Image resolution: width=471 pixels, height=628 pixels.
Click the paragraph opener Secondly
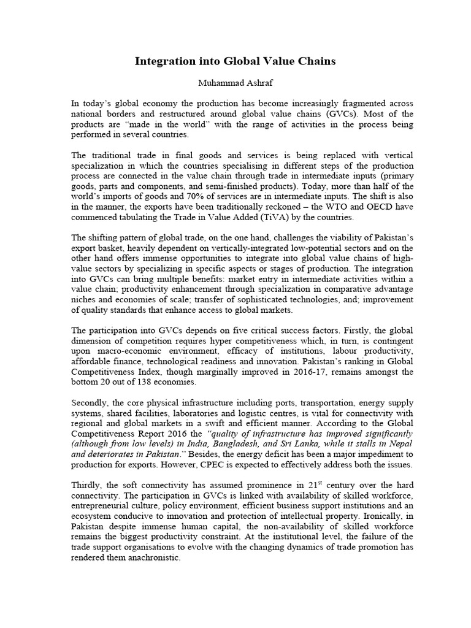pos(88,404)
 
